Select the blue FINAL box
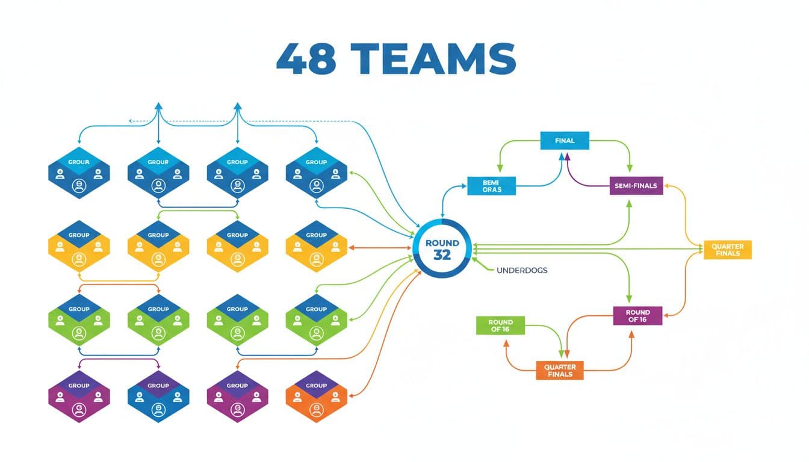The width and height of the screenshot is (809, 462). (564, 141)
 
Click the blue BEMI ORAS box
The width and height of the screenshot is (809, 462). (492, 186)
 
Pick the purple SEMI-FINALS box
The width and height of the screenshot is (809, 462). (636, 186)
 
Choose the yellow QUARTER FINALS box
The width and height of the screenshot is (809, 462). (727, 250)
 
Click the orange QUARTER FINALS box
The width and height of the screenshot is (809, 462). (559, 371)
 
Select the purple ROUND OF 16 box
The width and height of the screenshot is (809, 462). (637, 316)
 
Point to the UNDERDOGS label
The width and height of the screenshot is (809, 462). (522, 271)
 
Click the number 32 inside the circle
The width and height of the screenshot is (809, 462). (442, 255)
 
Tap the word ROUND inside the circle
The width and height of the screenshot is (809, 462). (442, 242)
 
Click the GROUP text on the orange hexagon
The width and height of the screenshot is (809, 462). (316, 386)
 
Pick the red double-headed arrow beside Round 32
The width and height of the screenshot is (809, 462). (379, 247)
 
